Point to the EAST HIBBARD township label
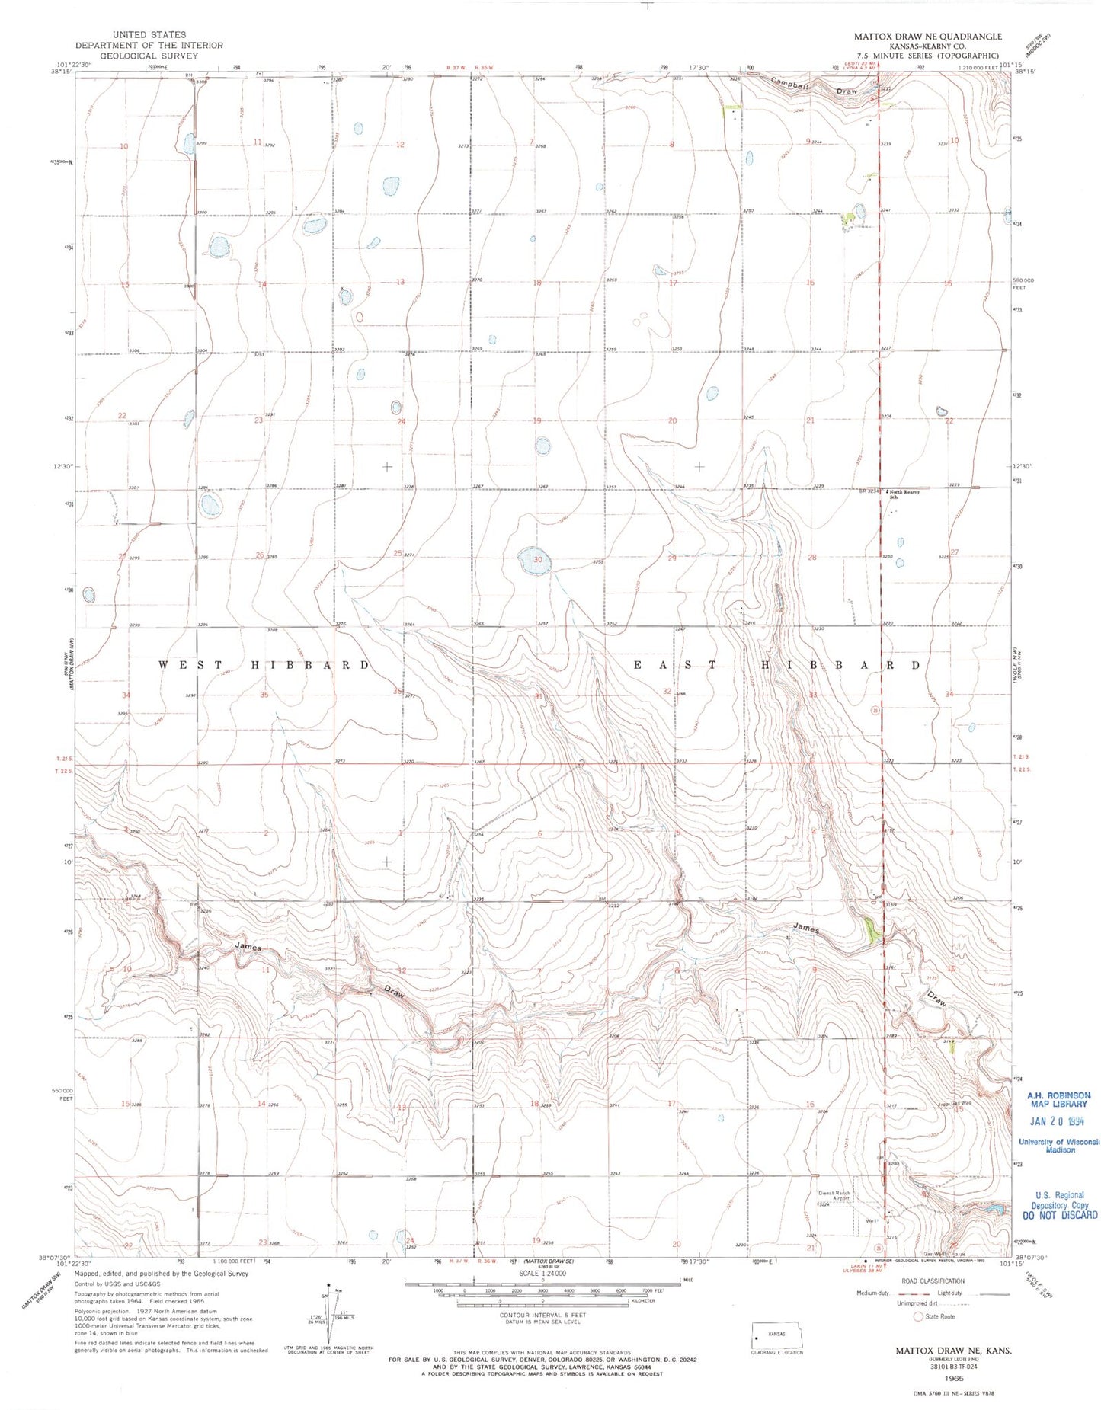pos(778,665)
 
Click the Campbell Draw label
pos(814,86)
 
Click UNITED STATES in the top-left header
pos(149,34)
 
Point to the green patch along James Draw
pos(869,930)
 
